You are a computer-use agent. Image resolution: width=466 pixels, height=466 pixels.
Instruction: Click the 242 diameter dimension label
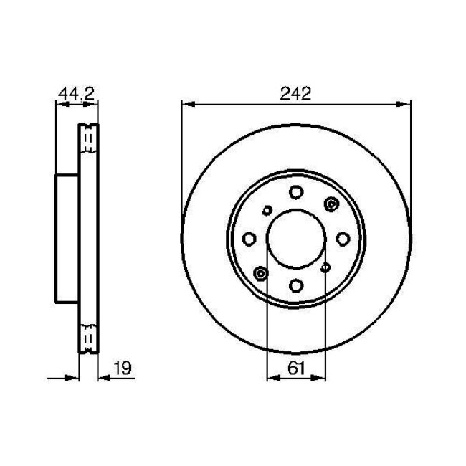296,93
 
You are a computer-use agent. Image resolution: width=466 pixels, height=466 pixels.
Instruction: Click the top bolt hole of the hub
296,191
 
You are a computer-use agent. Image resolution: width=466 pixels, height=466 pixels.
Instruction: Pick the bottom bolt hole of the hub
296,285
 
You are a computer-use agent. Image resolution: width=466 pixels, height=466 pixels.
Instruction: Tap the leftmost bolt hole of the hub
249,239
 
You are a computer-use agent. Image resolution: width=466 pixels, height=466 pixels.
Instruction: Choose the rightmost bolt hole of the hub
343,239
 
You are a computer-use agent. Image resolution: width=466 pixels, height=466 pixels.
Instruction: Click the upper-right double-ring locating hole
331,205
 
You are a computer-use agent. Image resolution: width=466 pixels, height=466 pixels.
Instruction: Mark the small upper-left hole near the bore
267,210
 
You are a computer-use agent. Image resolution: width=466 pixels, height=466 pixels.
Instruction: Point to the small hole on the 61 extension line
325,267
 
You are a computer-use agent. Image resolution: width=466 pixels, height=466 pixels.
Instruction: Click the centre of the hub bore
296,239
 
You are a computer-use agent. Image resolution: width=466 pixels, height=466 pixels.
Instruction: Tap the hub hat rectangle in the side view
67,239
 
